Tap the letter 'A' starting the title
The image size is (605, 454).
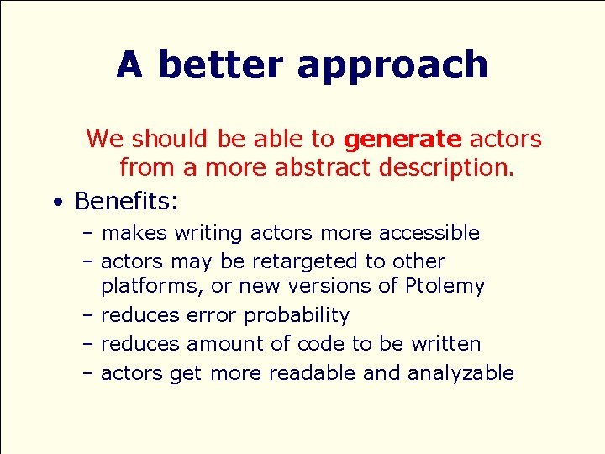pyautogui.click(x=129, y=65)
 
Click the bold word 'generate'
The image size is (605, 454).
pyautogui.click(x=402, y=139)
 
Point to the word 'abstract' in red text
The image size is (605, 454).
pyautogui.click(x=324, y=168)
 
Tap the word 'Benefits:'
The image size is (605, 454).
pyautogui.click(x=127, y=201)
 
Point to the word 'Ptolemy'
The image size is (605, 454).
pyautogui.click(x=445, y=287)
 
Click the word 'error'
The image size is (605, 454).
pyautogui.click(x=212, y=315)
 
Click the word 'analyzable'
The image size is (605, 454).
pyautogui.click(x=460, y=373)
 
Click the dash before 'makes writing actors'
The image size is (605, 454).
pyautogui.click(x=89, y=233)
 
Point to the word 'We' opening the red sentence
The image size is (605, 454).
pyautogui.click(x=104, y=139)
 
